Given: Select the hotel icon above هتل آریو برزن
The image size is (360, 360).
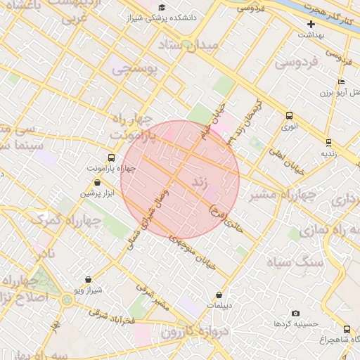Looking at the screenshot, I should coord(340,82).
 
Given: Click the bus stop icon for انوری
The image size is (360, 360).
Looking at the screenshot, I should coord(289,116).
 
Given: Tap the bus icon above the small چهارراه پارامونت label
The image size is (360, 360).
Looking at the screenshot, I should coord(111,157).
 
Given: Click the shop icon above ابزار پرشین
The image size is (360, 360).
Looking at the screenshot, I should coord(96,182).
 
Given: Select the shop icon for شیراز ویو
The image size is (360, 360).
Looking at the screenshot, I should coord(88,279).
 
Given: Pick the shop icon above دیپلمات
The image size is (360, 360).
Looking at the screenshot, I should coord(220,295).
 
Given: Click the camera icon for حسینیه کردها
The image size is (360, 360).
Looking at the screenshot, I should coord(295,313).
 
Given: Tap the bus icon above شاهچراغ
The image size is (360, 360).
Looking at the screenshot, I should coord(347,329).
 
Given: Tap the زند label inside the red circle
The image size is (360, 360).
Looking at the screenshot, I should coord(201,185).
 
